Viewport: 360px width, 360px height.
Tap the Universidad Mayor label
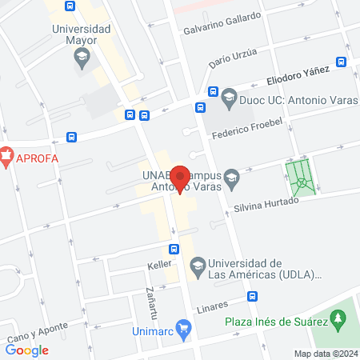(82, 34)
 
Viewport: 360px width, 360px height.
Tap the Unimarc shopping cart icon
(183, 326)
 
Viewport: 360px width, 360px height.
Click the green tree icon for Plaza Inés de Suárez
(339, 319)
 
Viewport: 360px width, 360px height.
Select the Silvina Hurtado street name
(266, 204)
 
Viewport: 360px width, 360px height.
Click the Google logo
(27, 350)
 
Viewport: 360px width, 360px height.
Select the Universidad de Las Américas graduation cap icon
(196, 265)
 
